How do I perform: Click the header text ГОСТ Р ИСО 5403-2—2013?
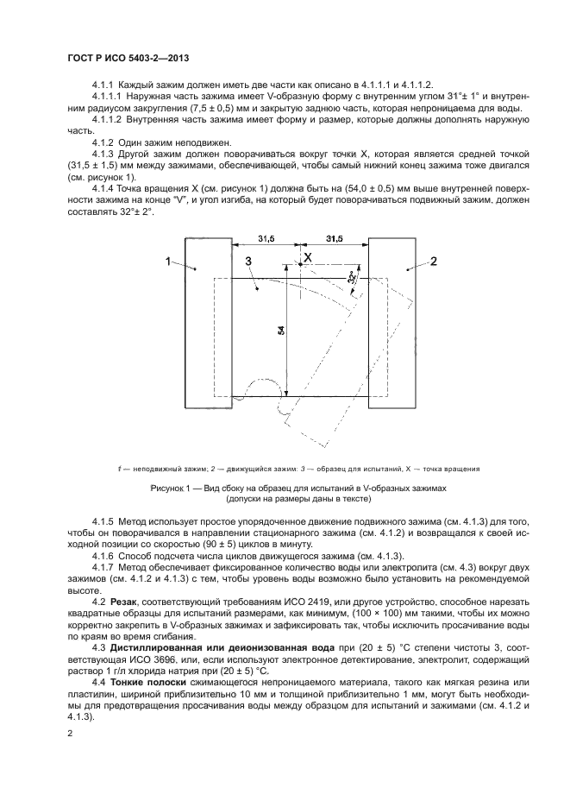click(x=128, y=58)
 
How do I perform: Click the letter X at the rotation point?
click(x=306, y=256)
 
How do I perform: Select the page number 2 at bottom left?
click(x=70, y=734)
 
